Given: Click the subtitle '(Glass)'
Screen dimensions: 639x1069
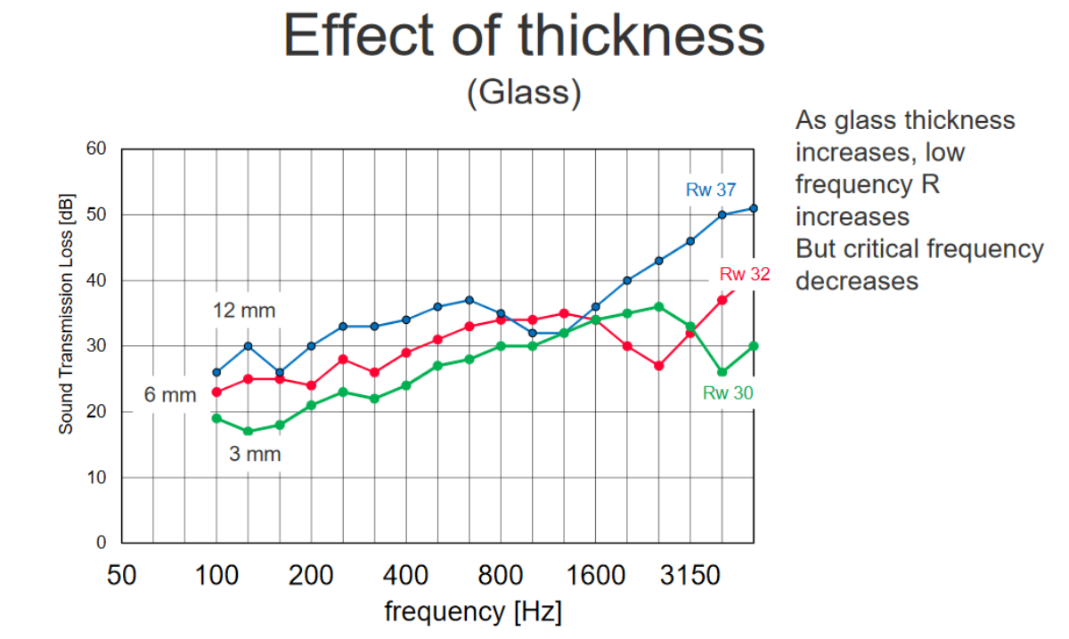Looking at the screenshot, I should (524, 92).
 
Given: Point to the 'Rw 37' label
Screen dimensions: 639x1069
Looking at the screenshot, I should (710, 189).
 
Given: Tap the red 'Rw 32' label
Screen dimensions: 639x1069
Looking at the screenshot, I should (744, 274).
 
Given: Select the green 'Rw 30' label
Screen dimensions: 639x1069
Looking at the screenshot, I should (728, 392).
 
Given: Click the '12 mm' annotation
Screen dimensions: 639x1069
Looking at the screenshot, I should (244, 311).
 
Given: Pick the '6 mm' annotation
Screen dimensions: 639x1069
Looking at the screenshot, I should (169, 395).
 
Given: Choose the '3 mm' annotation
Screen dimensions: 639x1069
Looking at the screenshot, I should (254, 454).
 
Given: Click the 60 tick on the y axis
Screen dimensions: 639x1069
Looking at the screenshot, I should (97, 150).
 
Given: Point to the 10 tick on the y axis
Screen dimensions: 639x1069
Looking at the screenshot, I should (97, 478).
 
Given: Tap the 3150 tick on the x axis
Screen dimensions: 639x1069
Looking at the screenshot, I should (690, 576).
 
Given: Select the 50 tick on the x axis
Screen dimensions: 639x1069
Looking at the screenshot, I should (121, 576).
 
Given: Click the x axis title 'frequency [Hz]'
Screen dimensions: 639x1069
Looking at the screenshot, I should (473, 612).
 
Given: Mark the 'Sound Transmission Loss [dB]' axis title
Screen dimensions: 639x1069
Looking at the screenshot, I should (67, 312).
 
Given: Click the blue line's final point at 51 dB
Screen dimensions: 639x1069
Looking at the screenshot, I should (754, 208).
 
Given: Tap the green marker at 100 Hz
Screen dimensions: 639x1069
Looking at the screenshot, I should (216, 418).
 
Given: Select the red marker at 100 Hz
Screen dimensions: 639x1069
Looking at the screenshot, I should (216, 392).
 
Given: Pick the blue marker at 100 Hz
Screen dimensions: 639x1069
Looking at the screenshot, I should (216, 372).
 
